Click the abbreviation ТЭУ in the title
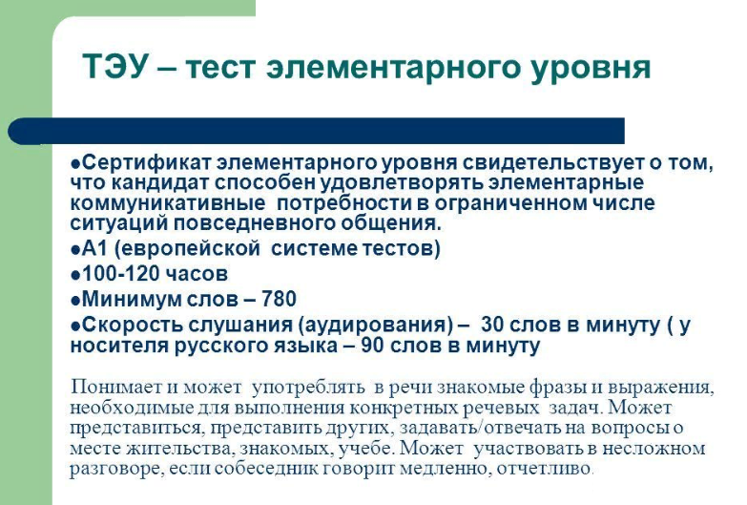114,66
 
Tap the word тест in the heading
220,67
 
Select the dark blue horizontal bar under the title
317,131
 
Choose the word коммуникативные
168,203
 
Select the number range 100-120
116,274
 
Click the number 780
279,299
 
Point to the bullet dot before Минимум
75,301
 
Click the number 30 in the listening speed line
493,325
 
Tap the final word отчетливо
544,469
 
